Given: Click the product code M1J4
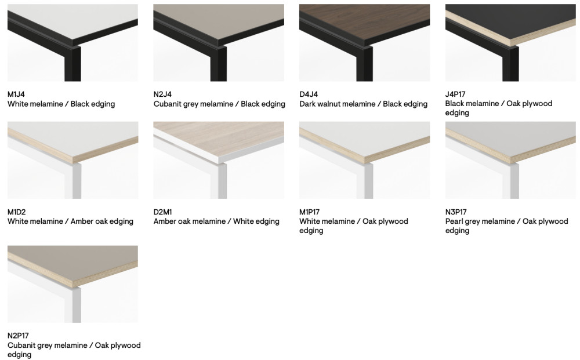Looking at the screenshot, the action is click(16, 94).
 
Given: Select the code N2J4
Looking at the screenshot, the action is click(162, 94).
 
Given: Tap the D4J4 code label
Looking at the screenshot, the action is click(309, 94).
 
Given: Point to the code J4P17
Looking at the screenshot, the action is click(455, 94).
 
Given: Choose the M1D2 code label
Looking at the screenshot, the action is click(17, 212).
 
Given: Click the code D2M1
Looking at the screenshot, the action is click(163, 212).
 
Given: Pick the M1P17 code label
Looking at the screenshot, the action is click(309, 212).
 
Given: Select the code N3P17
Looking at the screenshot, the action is click(456, 212).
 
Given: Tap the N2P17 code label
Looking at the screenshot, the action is click(18, 336).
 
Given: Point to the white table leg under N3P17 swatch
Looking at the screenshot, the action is click(514, 181).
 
